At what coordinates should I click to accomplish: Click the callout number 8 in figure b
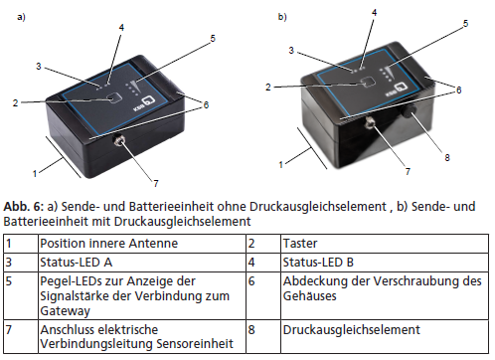(447, 157)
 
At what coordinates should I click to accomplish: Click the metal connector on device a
(118, 141)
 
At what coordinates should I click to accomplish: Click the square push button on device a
(114, 98)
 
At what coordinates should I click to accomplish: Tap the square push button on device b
(367, 82)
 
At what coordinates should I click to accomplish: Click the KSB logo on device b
(396, 90)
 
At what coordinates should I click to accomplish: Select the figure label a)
(21, 17)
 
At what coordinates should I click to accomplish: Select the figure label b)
(282, 17)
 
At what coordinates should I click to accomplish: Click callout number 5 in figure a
(213, 39)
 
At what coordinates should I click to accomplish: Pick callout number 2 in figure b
(268, 88)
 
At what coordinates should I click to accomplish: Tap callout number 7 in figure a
(156, 183)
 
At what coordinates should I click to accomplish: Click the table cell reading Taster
(385, 244)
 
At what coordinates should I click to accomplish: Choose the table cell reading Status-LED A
(142, 263)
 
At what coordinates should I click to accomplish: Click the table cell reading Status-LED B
(385, 263)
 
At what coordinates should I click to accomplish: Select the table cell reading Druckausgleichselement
(385, 336)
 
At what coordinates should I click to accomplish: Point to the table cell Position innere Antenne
(142, 244)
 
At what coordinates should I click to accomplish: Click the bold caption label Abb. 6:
(24, 207)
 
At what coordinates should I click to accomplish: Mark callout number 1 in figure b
(281, 164)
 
